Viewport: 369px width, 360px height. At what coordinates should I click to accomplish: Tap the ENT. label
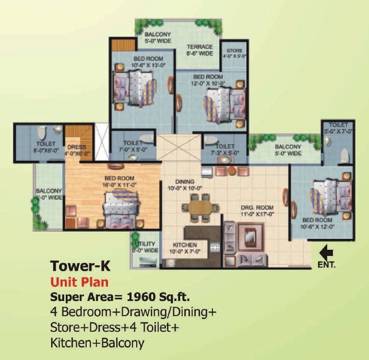click(x=327, y=265)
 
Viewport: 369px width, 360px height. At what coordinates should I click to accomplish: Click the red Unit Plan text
click(x=79, y=283)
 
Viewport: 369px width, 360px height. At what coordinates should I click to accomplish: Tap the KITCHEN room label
click(x=185, y=245)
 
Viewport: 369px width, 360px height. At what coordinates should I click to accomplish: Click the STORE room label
click(x=234, y=51)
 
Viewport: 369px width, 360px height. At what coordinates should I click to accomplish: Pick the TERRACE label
click(x=199, y=47)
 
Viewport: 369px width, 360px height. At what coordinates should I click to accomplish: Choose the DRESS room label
click(x=77, y=147)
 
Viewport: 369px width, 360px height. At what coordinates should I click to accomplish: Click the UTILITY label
click(x=145, y=244)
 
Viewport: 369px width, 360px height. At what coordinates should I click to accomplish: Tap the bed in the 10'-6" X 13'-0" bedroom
click(x=135, y=86)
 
